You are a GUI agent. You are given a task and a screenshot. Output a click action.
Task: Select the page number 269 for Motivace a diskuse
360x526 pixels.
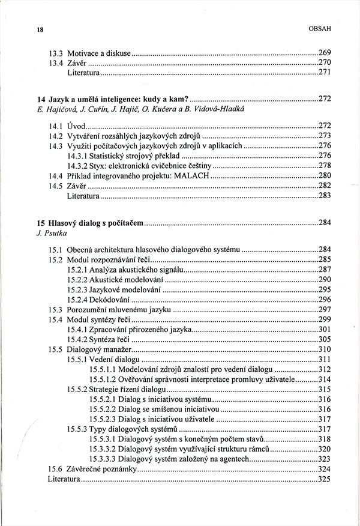point(325,52)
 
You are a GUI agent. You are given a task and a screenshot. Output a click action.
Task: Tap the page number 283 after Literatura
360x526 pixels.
point(325,196)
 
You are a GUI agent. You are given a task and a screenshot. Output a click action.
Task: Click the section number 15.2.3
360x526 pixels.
point(77,289)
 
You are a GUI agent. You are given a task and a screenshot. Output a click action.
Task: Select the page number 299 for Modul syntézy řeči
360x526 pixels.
point(325,319)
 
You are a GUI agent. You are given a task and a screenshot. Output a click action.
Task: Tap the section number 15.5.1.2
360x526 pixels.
point(102,379)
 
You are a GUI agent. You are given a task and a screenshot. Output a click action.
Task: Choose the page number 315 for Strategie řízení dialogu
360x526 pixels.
point(325,389)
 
